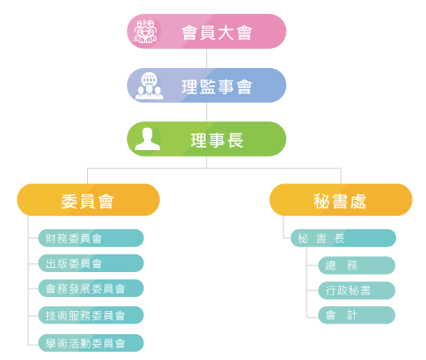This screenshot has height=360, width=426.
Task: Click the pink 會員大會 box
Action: coord(206,32)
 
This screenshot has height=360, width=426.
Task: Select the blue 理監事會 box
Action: coord(206,85)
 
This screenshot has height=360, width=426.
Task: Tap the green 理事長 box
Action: coord(206,139)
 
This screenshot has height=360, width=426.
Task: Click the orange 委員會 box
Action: coord(89,200)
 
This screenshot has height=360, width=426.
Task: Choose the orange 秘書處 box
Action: coord(341,200)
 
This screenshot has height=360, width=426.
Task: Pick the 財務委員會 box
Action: coord(91,238)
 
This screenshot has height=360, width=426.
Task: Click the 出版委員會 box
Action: coord(91,263)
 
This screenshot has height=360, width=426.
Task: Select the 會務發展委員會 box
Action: coord(91,288)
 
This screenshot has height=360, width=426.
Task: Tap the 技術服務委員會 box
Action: coord(91,315)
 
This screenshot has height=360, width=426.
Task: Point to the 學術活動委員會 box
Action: coord(91,343)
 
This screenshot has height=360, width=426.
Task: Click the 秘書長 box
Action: coord(343,238)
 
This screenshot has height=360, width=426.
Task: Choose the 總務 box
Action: coord(356,265)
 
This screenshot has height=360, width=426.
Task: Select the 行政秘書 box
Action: coord(356,290)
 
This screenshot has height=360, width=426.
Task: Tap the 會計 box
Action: coord(356,315)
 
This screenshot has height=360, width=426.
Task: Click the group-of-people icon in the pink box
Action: coord(145,32)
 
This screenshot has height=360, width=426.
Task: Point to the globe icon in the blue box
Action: coord(149,79)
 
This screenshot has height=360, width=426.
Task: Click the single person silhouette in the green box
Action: coord(148,139)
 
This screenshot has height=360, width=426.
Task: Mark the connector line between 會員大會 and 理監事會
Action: coord(206,58)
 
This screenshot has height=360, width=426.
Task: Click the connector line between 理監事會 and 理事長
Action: coord(206,112)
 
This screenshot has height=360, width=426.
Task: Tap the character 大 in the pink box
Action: coord(225,32)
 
